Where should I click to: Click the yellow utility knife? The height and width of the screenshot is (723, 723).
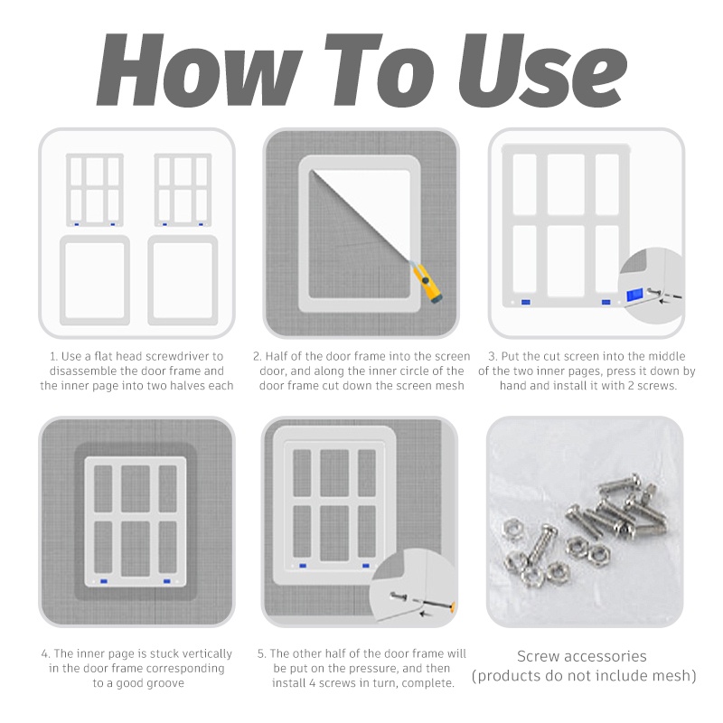coord(426,282)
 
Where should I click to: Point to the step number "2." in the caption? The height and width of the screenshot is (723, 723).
coord(258,356)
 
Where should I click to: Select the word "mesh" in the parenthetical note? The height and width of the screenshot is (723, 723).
coord(668,675)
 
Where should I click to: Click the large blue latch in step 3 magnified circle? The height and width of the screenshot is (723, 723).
coord(634,296)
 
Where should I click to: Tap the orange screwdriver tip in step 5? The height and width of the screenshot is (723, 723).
coord(453,606)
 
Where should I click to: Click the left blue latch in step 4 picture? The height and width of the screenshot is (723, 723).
coord(104,581)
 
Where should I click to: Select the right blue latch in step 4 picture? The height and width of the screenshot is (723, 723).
coord(167,581)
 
